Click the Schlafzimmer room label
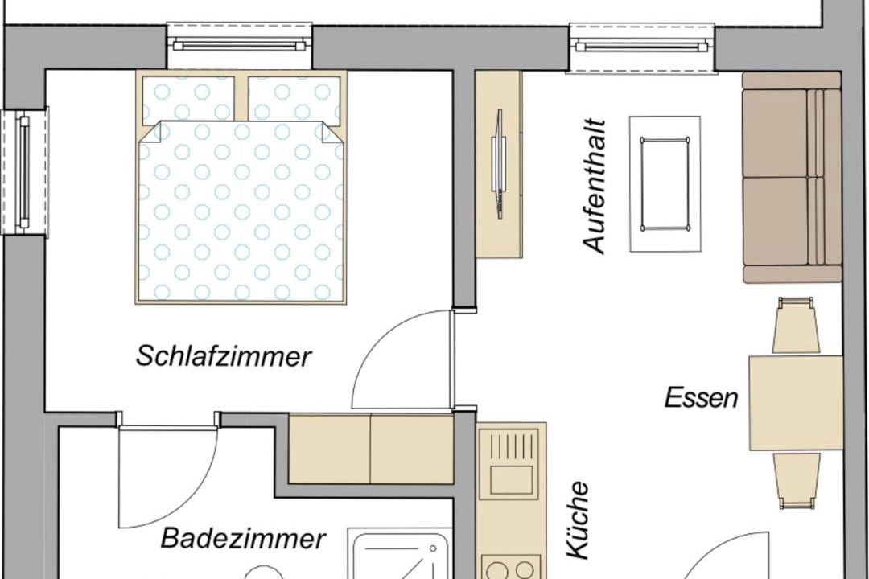[x=224, y=356]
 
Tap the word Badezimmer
[x=243, y=538]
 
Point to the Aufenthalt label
[x=595, y=186]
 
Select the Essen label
[x=701, y=398]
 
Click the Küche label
[x=577, y=519]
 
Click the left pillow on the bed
[x=188, y=101]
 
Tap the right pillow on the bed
[x=294, y=101]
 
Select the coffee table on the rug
[x=665, y=183]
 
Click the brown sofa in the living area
[x=792, y=177]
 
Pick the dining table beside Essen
[x=796, y=403]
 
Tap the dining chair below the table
[x=797, y=481]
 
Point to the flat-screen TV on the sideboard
[x=498, y=164]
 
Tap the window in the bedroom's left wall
[x=24, y=172]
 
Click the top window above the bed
[x=240, y=45]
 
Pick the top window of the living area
[x=642, y=47]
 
